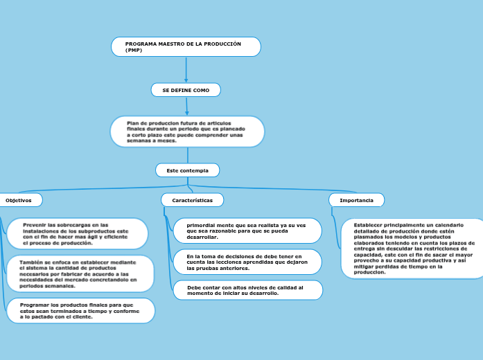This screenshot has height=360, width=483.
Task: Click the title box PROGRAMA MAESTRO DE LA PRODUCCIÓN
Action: pyautogui.click(x=186, y=46)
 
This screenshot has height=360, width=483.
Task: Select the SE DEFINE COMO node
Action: pyautogui.click(x=186, y=90)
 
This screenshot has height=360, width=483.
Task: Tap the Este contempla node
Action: pyautogui.click(x=187, y=170)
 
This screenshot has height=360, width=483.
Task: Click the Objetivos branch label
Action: pyautogui.click(x=19, y=200)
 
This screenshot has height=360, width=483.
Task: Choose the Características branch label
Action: pyautogui.click(x=193, y=199)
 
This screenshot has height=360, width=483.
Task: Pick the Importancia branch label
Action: pyautogui.click(x=356, y=200)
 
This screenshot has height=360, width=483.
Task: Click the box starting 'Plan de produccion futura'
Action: pyautogui.click(x=187, y=132)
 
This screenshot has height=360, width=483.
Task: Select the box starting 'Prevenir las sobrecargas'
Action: pyautogui.click(x=76, y=234)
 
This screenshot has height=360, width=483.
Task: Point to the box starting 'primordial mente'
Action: pyautogui.click(x=247, y=231)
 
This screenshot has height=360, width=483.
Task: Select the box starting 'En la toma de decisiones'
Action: pyautogui.click(x=247, y=262)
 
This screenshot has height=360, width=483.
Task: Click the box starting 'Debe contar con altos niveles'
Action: pyautogui.click(x=247, y=290)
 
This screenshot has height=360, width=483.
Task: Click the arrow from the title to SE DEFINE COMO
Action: pyautogui.click(x=186, y=70)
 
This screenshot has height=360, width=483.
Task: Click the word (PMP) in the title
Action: pyautogui.click(x=134, y=51)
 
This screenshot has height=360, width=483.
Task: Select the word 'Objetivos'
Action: pyautogui.click(x=19, y=200)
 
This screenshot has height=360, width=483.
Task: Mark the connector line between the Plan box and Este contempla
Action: pyautogui.click(x=188, y=155)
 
